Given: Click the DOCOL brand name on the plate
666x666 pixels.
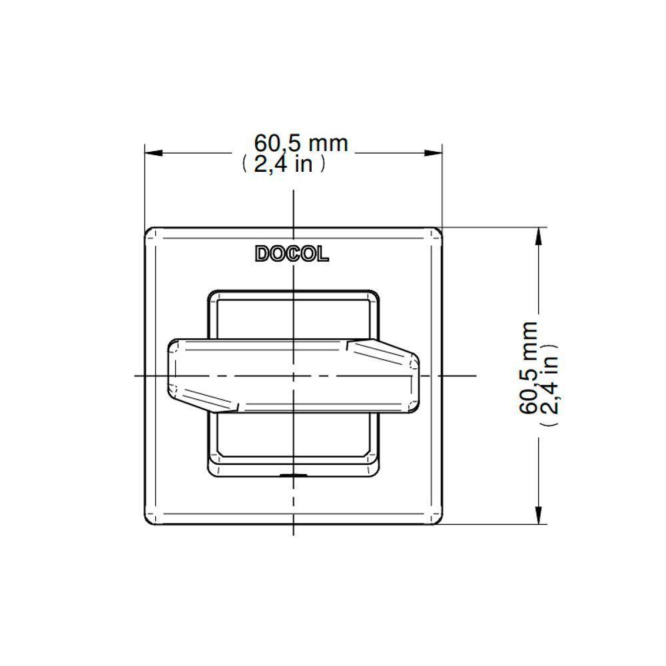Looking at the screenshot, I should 292,254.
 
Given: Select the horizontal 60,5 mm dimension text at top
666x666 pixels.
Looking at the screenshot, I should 301,143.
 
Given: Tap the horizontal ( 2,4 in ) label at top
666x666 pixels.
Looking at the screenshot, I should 284,164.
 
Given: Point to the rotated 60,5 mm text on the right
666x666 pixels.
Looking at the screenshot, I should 529,368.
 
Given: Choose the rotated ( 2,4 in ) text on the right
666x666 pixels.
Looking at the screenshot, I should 550,384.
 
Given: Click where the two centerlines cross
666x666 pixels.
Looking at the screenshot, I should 294,376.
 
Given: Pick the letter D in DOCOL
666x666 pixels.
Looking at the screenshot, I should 261,254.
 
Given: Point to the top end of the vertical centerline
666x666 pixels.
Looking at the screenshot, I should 294,191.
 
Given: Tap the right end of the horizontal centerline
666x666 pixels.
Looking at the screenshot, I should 475,376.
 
